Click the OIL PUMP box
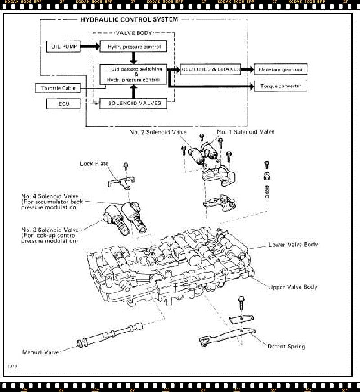click(x=63, y=46)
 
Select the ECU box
click(x=63, y=104)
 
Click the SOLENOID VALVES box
click(x=130, y=104)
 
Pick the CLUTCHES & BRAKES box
click(x=210, y=69)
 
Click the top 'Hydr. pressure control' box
click(x=130, y=46)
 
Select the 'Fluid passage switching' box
click(x=133, y=74)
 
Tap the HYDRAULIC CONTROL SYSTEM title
click(x=129, y=20)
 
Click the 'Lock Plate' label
click(x=94, y=164)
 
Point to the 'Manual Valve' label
click(x=40, y=352)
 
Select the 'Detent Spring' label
click(x=286, y=347)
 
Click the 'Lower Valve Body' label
click(x=293, y=245)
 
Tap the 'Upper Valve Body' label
click(x=293, y=287)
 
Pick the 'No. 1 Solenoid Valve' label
click(x=245, y=132)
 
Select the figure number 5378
click(x=12, y=367)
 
